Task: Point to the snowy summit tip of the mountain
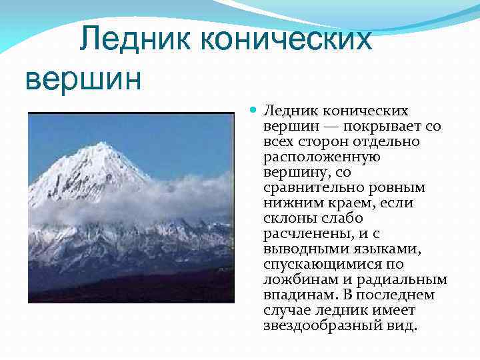tap(101, 143)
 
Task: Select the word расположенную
tap(322, 156)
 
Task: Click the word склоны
tap(288, 217)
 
